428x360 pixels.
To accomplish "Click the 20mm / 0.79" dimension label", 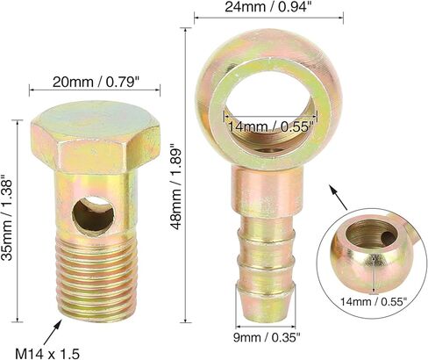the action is (x=95, y=83).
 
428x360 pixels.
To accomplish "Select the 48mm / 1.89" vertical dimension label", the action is (x=176, y=186).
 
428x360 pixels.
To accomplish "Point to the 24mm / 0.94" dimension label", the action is (x=267, y=8).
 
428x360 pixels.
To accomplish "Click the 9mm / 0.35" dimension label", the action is (x=267, y=338).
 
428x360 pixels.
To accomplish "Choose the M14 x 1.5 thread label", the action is (x=47, y=354).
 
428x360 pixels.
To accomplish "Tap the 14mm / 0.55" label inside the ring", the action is (x=270, y=127).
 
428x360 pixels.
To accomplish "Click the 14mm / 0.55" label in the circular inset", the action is (x=374, y=301).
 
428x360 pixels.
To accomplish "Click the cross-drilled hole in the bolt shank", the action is (x=93, y=216).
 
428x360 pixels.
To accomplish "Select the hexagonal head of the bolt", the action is (x=96, y=138).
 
